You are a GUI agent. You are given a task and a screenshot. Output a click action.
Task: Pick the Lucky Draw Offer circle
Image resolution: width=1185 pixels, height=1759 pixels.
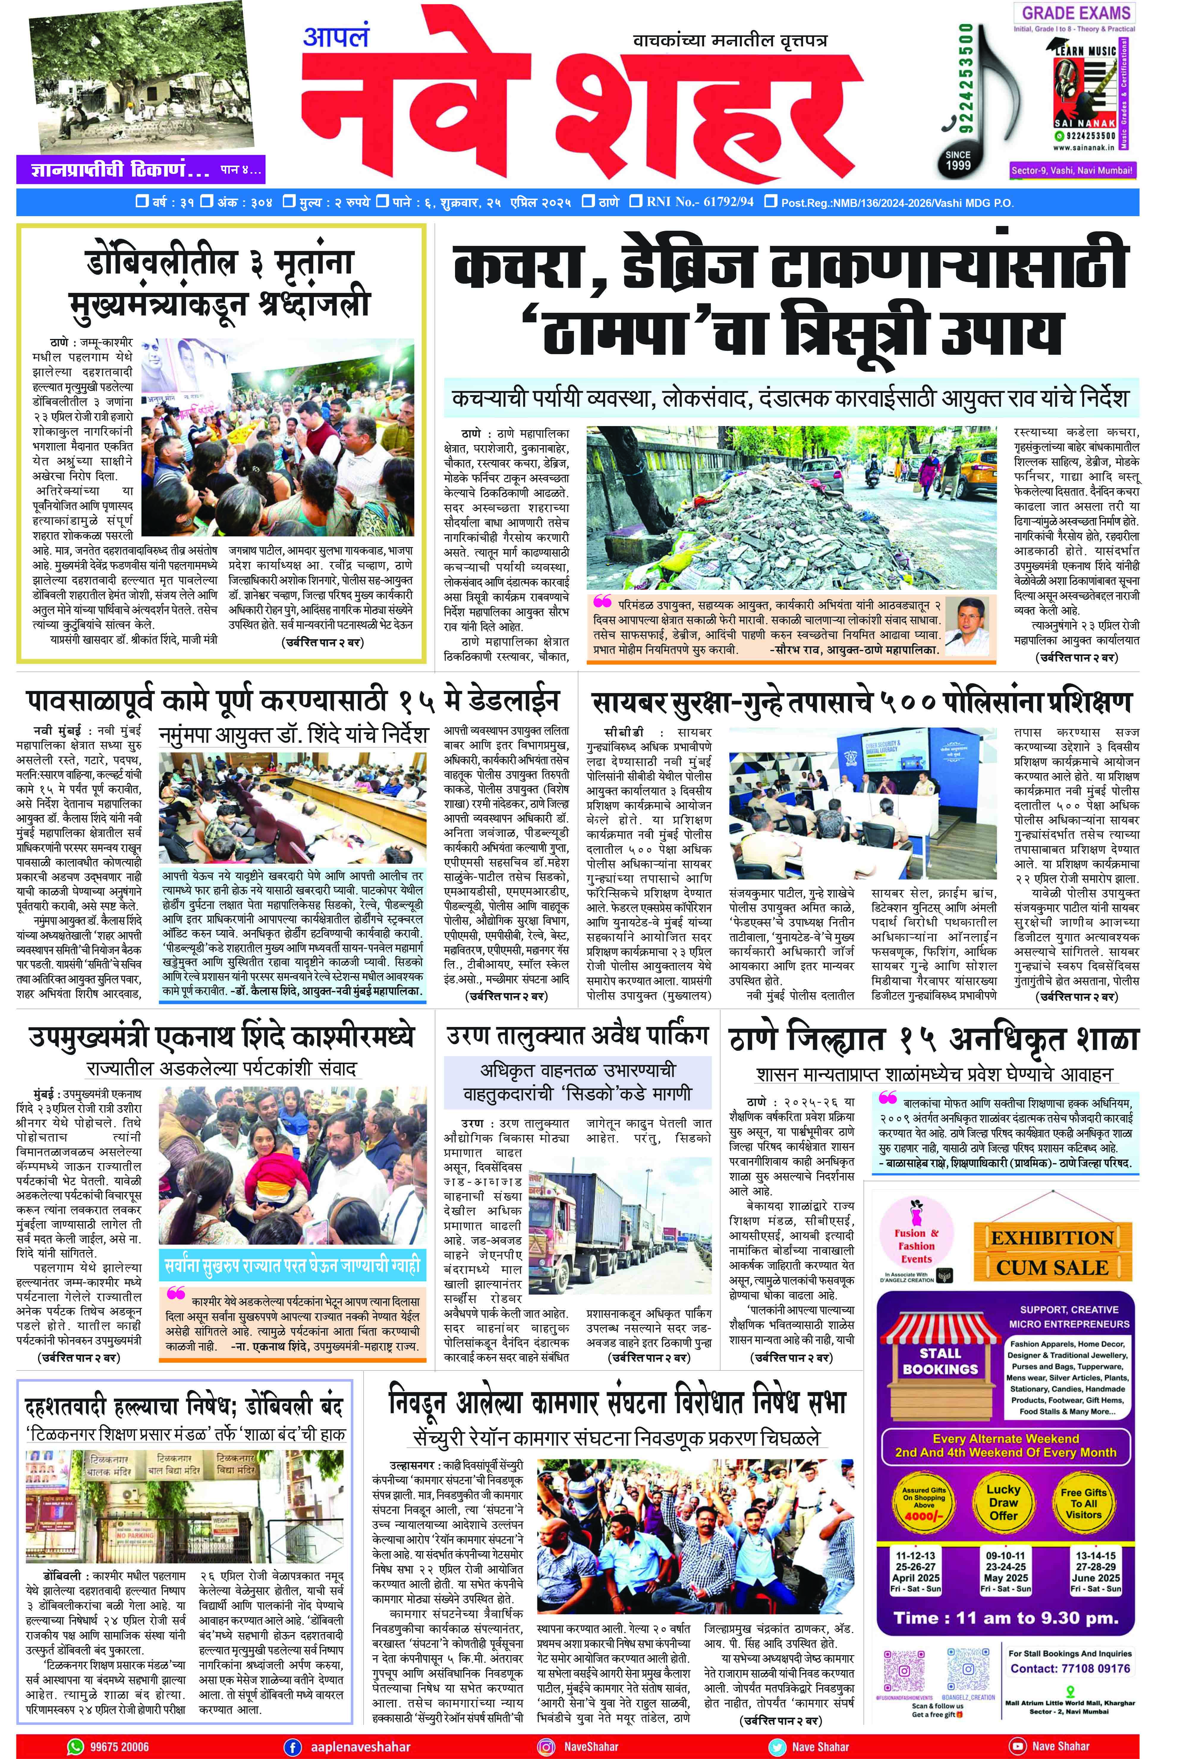click(1004, 1502)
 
